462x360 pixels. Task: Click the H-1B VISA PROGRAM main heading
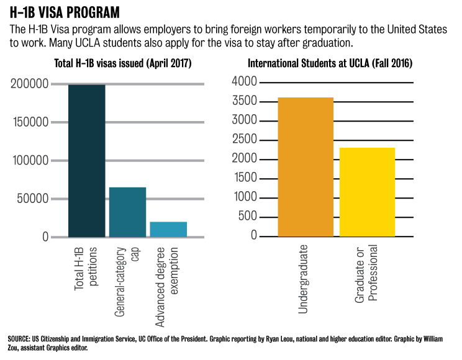click(65, 12)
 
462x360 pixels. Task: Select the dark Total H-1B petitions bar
click(86, 161)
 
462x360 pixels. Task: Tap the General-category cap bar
click(127, 212)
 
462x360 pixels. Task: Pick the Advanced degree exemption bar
click(168, 229)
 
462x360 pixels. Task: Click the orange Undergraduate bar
click(306, 167)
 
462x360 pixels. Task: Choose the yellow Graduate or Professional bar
click(367, 192)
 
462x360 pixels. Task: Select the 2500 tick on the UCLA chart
click(244, 140)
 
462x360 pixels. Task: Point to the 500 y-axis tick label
click(247, 217)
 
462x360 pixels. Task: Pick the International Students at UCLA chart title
click(330, 64)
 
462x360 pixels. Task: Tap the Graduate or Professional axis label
click(366, 273)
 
